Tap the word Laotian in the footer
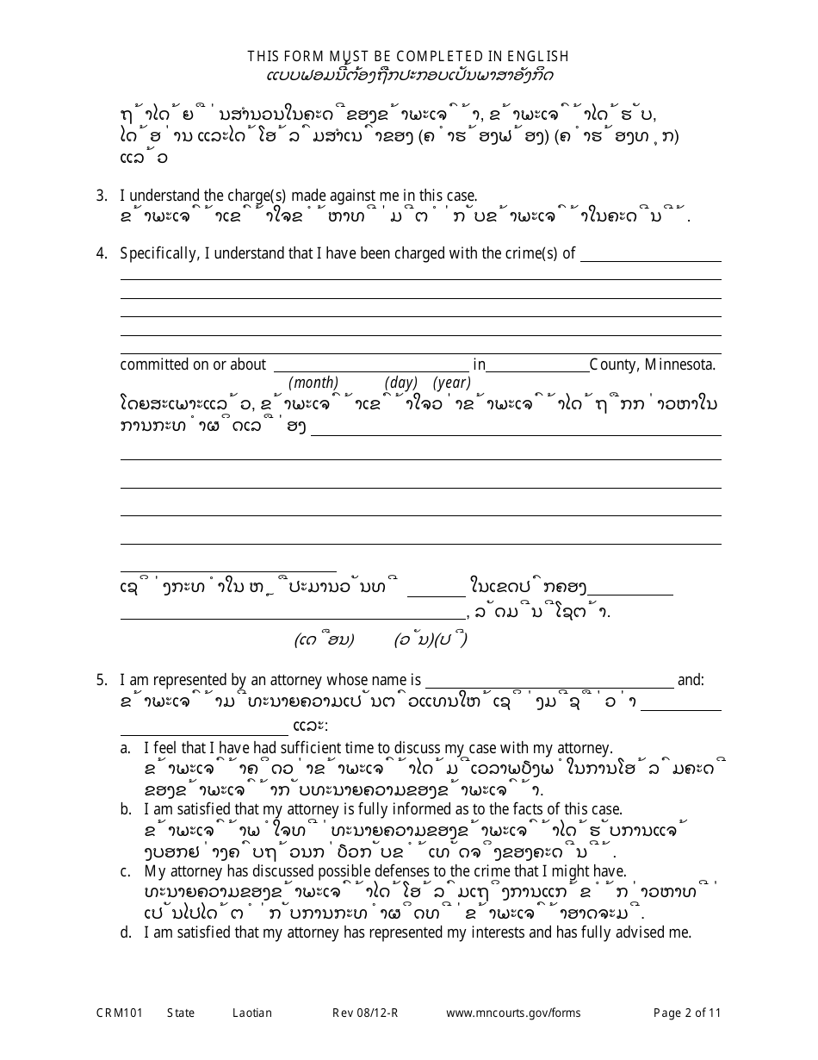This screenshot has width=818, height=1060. tap(252, 1013)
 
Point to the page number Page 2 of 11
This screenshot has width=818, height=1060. tap(687, 1013)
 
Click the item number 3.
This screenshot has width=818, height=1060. tap(101, 196)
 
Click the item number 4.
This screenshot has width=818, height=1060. tap(101, 253)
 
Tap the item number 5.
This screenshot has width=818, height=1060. tap(101, 680)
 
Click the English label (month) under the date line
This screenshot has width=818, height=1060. tap(313, 383)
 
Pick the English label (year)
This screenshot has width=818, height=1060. tap(451, 383)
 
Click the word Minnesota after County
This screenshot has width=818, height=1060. tap(679, 365)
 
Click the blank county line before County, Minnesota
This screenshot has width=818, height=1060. tap(537, 365)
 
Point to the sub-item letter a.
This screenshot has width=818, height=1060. tap(126, 749)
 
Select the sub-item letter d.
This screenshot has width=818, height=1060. tap(126, 932)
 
